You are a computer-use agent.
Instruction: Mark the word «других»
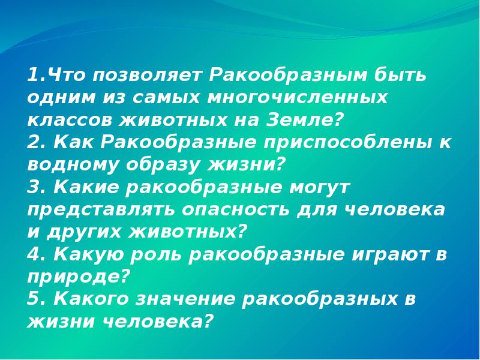[86, 232]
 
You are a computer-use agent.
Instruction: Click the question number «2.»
[35, 143]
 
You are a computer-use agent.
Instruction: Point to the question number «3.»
[35, 187]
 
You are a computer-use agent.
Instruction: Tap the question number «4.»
[35, 254]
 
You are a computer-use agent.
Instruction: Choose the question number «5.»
[35, 298]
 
